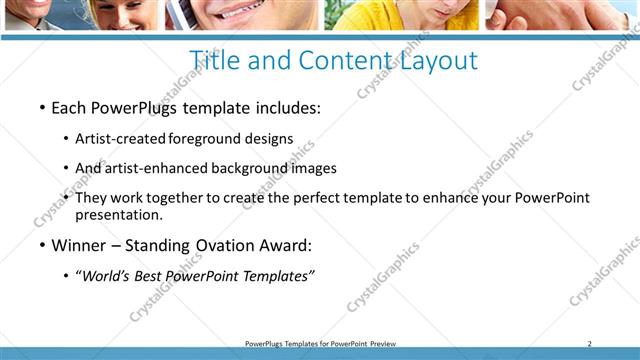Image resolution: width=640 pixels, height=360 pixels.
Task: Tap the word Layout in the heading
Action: coord(436,61)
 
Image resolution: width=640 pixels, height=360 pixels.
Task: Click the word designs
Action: coord(270,138)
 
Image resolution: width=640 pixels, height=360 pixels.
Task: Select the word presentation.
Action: coord(118,214)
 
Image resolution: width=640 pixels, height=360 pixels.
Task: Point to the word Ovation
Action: coord(237,246)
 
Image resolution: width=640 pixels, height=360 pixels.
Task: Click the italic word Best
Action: coord(154,276)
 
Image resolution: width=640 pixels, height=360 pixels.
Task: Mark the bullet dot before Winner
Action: coord(42,246)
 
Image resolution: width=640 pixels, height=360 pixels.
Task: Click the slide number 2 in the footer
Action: coord(590,344)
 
